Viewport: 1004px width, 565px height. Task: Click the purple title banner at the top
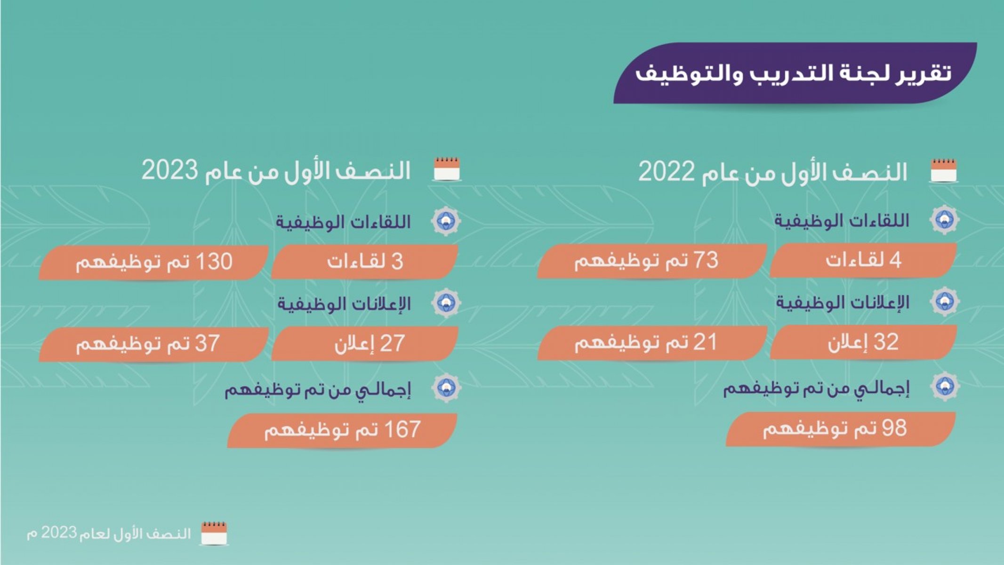click(x=795, y=73)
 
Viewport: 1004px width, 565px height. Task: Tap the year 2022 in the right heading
click(x=666, y=172)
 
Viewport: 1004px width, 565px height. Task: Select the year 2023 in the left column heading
click(x=169, y=170)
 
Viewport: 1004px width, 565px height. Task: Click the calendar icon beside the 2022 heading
click(x=944, y=170)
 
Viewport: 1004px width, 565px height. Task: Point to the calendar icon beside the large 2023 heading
click(x=446, y=169)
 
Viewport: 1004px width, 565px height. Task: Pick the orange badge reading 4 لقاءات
click(x=863, y=260)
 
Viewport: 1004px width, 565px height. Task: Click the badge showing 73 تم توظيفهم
click(x=652, y=260)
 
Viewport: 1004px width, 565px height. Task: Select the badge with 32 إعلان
click(x=863, y=342)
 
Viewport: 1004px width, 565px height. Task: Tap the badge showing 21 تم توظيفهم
click(x=652, y=342)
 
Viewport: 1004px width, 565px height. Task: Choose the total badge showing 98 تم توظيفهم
click(x=841, y=429)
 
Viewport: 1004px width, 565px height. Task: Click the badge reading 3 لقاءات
click(x=365, y=262)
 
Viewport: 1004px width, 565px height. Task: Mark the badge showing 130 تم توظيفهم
click(x=153, y=262)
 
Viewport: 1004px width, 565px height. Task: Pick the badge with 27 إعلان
click(x=365, y=344)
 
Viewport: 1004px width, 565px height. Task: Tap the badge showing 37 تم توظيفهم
click(x=153, y=344)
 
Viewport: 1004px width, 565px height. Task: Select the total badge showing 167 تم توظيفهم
click(x=342, y=430)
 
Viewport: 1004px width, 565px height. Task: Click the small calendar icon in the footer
click(x=214, y=533)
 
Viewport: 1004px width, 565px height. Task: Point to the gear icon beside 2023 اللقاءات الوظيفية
click(x=446, y=221)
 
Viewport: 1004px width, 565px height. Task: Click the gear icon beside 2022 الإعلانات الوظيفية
click(x=944, y=301)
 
